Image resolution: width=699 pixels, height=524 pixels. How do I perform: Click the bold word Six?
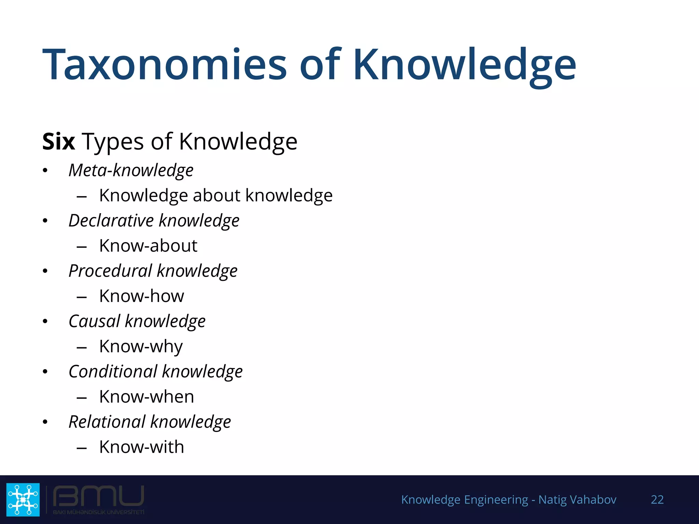[58, 141]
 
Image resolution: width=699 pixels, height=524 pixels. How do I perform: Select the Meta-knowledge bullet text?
[131, 170]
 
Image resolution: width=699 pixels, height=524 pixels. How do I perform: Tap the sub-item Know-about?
[148, 246]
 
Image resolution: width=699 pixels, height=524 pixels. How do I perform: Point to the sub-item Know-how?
[142, 296]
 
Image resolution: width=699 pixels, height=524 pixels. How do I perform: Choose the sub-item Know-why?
[141, 347]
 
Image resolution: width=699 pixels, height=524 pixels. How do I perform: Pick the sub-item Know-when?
[147, 397]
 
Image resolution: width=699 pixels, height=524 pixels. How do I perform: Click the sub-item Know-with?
[142, 447]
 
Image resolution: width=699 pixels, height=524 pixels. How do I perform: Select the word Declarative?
[111, 220]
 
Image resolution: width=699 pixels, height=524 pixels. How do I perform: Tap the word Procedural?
[110, 271]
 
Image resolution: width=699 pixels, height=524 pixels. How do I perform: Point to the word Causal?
[95, 321]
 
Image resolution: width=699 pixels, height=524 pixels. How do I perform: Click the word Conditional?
[113, 372]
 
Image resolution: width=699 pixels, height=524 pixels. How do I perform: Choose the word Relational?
[107, 422]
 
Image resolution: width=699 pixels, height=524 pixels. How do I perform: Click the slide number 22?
[657, 499]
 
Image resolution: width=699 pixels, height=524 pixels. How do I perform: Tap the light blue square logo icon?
[23, 499]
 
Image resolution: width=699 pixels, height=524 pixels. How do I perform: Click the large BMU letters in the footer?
[99, 496]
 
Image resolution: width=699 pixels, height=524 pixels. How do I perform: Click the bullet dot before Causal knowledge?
[45, 321]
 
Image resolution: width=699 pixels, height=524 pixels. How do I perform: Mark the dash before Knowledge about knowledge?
[82, 197]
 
